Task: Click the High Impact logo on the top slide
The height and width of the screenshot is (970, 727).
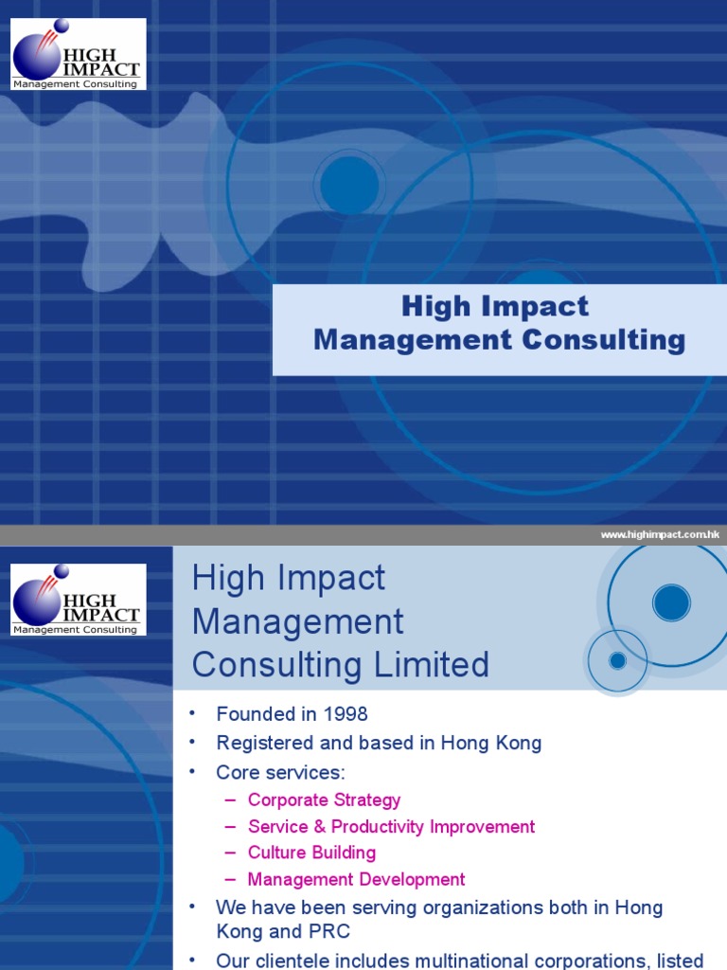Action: pyautogui.click(x=79, y=54)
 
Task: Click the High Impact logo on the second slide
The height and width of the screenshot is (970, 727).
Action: pyautogui.click(x=79, y=600)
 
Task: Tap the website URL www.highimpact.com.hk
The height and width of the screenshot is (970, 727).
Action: pyautogui.click(x=660, y=535)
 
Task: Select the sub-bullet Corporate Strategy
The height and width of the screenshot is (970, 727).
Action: pyautogui.click(x=324, y=800)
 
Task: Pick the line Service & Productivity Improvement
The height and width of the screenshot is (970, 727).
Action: pyautogui.click(x=391, y=827)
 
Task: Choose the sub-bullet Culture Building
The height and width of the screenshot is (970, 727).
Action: pyautogui.click(x=311, y=853)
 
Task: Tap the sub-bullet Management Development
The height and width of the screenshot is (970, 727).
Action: pyautogui.click(x=356, y=880)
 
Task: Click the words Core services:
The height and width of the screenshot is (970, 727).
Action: pyautogui.click(x=281, y=772)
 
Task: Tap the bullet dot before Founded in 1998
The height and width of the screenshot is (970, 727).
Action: pyautogui.click(x=192, y=714)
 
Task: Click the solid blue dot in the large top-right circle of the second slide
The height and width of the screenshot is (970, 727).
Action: pyautogui.click(x=671, y=602)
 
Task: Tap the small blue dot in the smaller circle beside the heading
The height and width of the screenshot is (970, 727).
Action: pyautogui.click(x=617, y=660)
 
